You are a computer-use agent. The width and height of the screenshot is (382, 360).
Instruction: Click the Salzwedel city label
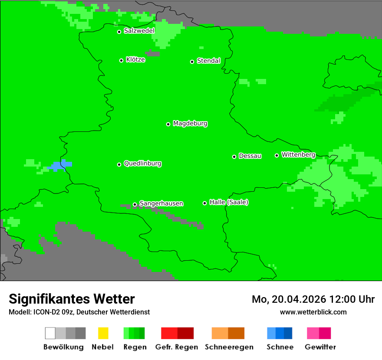tap(139, 31)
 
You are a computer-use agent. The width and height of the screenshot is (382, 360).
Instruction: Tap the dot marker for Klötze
tap(121, 60)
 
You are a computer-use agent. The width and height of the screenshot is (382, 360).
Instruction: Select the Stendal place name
tap(208, 61)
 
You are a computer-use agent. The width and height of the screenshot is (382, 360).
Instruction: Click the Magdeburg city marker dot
tap(168, 124)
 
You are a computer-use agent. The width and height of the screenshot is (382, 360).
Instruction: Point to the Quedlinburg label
tap(142, 164)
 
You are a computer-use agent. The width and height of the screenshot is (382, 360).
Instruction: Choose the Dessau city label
tap(250, 156)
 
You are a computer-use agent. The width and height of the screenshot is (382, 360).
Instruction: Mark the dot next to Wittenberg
tap(277, 155)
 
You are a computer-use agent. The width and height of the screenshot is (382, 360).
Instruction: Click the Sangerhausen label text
tap(161, 203)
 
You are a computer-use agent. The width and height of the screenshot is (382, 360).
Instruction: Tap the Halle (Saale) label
tap(229, 202)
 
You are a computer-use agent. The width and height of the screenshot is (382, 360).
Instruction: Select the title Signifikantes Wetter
tap(72, 299)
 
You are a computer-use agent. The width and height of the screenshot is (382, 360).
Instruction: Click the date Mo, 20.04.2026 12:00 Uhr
tap(313, 299)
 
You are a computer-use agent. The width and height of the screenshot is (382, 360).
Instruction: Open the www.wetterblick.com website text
tap(313, 312)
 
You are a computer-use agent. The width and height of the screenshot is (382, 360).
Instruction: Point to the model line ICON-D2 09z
tap(79, 312)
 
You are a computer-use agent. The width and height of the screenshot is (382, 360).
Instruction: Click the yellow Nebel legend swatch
tap(103, 333)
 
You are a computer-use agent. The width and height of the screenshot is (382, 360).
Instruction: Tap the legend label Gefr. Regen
tap(176, 347)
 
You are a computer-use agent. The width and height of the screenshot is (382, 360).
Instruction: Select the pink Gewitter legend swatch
tap(313, 333)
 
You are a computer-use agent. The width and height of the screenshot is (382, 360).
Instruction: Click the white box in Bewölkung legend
tap(50, 333)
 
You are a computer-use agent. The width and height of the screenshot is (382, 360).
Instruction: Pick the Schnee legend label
tap(280, 347)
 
